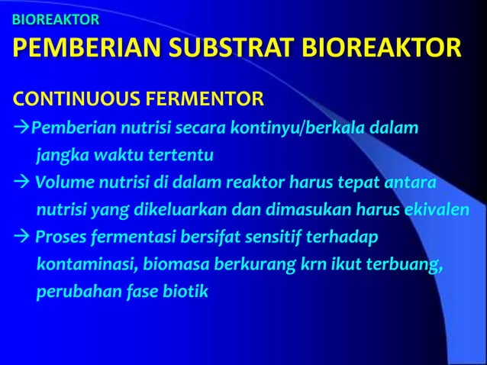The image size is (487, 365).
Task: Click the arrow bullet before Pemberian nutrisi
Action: (20, 127)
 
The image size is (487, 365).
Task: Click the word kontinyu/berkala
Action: (312, 127)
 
